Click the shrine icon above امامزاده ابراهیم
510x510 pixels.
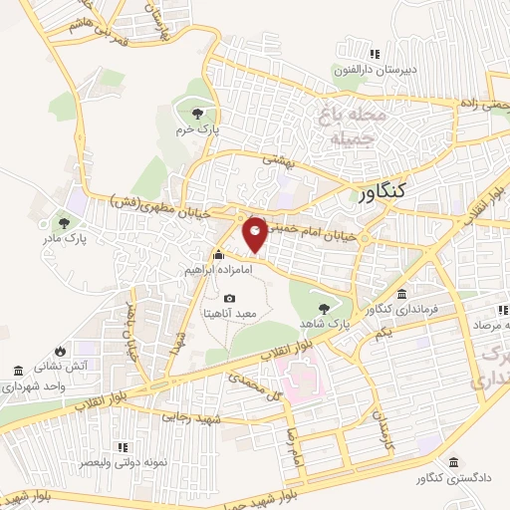pos(219,254)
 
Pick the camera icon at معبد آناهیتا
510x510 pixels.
pos(230,298)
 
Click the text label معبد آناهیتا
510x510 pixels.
pos(230,313)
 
